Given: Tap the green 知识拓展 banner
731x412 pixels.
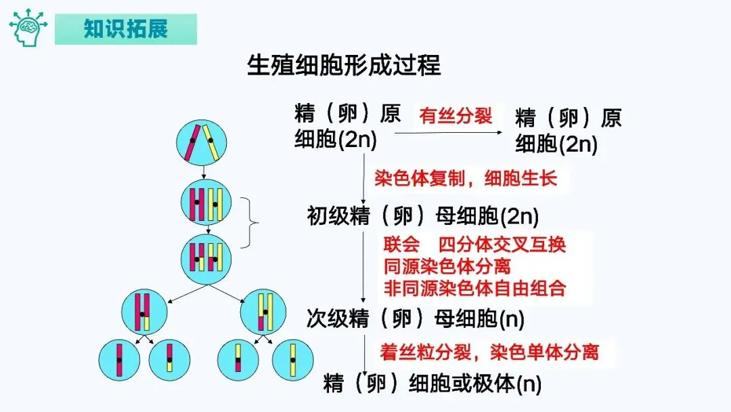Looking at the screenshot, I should coord(126,29).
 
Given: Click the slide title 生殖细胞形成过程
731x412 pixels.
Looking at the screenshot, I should coord(345,66).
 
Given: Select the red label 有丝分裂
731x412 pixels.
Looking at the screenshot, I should coord(456,116).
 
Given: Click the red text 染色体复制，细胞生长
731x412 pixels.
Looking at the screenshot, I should coord(466,179).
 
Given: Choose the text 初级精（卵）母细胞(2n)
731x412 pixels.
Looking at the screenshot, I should coord(423,217).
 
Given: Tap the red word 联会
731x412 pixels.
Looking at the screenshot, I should coord(401,245).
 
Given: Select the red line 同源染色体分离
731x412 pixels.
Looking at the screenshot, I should coord(447,266).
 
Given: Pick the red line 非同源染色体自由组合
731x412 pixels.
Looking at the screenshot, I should coord(474,288).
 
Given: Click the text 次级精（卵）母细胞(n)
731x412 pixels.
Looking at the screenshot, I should coord(416,319).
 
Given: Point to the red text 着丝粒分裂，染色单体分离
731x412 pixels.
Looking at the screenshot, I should coord(489,352).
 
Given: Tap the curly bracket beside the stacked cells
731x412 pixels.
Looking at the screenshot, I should coord(254,222).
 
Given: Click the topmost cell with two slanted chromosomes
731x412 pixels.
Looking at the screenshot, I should coord(201,143).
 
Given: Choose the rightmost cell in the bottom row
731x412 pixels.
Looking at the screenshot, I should coord(292,359).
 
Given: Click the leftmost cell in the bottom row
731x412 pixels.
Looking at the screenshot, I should coord(119,359).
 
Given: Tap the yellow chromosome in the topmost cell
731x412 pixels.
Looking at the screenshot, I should coord(213,144).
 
